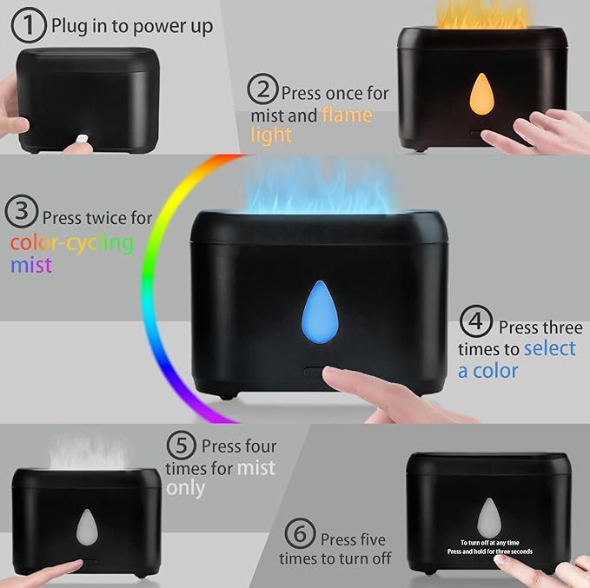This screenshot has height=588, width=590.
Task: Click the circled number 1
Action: [x=29, y=26]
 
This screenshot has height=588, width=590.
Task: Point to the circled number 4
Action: [x=475, y=324]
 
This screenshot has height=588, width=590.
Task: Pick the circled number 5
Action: [x=182, y=446]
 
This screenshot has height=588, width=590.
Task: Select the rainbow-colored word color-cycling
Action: [x=72, y=241]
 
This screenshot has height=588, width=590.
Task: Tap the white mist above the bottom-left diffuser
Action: [x=88, y=451]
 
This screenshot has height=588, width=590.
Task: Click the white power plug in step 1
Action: [x=83, y=137]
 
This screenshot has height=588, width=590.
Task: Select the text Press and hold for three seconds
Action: [x=490, y=552]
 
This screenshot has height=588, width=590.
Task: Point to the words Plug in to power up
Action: [x=132, y=27]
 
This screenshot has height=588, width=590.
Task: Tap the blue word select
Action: [x=549, y=348]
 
